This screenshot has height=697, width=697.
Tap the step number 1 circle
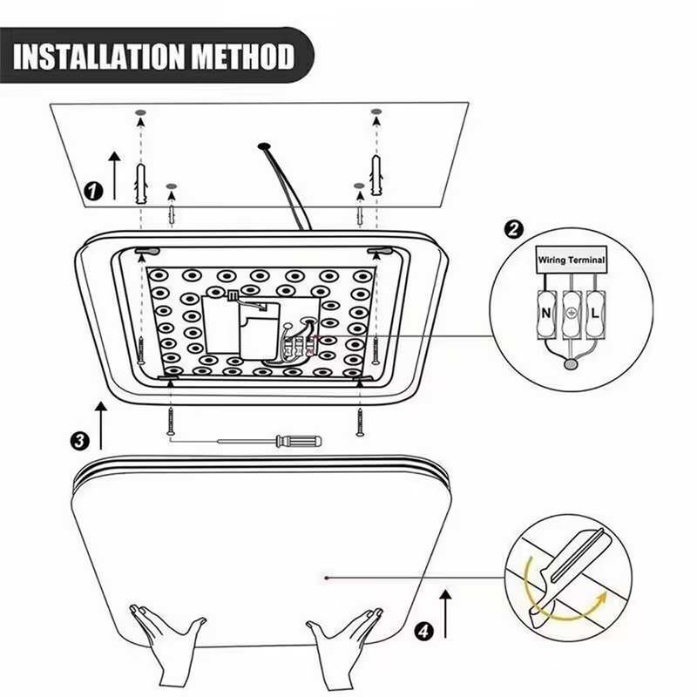pos(92,189)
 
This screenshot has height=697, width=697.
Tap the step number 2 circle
pos(514,230)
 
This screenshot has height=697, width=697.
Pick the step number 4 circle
pos(423,631)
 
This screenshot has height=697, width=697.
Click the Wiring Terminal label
pos(571,260)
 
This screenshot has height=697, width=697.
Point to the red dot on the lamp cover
pos(325,576)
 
